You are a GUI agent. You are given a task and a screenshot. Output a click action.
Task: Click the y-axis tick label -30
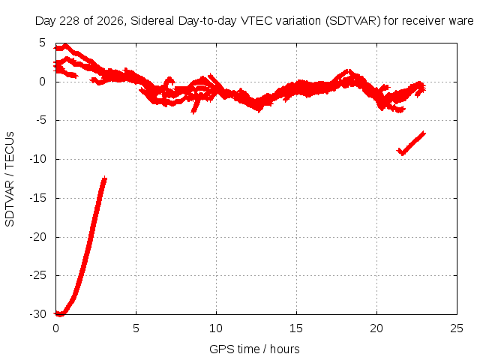[x=37, y=314]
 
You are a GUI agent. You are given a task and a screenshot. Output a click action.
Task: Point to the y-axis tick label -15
[x=37, y=198]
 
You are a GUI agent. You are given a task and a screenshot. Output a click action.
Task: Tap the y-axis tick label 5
[x=42, y=43]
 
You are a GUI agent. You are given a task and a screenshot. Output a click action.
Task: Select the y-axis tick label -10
[x=37, y=159]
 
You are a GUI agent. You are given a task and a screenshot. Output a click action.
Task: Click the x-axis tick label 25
[x=457, y=328]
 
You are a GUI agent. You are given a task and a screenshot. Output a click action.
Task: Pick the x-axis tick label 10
[x=216, y=328]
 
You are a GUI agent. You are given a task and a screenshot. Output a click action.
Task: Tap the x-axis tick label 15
[x=296, y=328]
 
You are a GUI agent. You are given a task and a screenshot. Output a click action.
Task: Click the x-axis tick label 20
[x=376, y=328]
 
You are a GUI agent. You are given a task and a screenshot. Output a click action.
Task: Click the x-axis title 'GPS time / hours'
[x=254, y=349]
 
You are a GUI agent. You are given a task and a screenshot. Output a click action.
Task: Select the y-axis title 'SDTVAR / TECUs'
[x=10, y=179]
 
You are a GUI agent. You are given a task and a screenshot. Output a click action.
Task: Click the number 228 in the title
[x=69, y=21]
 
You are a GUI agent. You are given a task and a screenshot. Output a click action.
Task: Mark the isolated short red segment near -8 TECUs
[x=411, y=143]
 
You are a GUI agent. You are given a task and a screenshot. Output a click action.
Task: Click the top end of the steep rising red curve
[x=105, y=178]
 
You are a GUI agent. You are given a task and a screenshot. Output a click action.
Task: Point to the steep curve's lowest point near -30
[x=60, y=314]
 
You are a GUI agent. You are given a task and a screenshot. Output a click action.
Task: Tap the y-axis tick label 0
[x=42, y=82]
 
